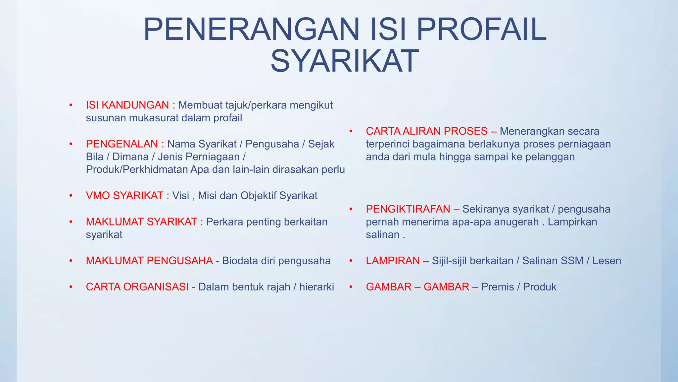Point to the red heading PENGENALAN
(122, 144)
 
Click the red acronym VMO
(98, 196)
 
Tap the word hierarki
(316, 287)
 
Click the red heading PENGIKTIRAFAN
(408, 209)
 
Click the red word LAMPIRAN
(393, 261)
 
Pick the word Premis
(498, 287)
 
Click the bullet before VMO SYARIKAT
(71, 196)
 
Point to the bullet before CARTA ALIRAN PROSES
(351, 131)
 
